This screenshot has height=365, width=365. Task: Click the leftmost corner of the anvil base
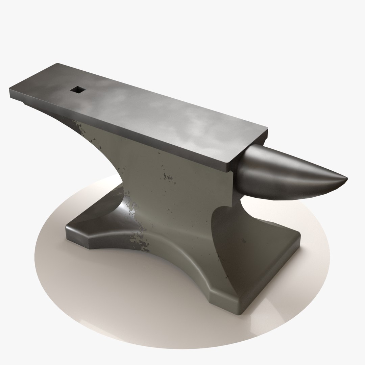[x=67, y=226]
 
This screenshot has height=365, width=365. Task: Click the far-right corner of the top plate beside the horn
[x=267, y=128]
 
